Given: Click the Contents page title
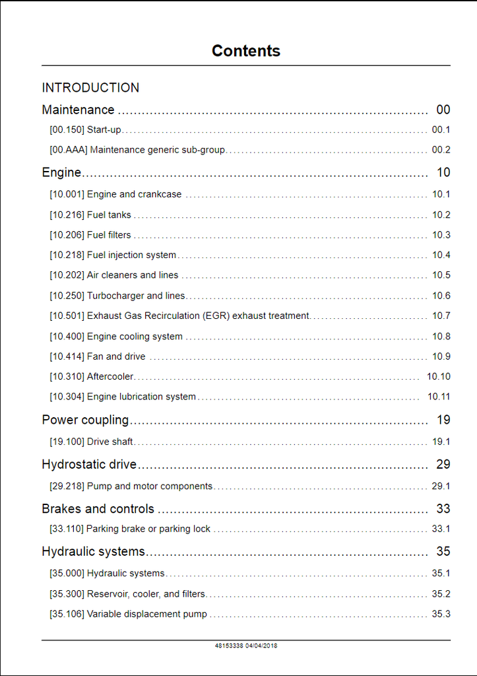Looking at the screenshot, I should tap(245, 51).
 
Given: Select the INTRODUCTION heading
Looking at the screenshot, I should tap(90, 88).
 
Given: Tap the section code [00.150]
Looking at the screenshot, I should tap(67, 130).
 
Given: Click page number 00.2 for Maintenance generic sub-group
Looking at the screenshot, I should tap(441, 150).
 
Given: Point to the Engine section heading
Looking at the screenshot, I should tap(61, 172).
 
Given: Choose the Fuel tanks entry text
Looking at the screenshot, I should tap(109, 215).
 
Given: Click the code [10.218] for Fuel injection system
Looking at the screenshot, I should tap(67, 255).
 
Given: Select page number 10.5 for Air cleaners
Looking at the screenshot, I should tap(441, 275).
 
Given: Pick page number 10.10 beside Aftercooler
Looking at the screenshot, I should tap(438, 376).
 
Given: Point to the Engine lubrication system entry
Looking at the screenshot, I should tap(141, 397).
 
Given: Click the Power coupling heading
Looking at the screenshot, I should tap(85, 420).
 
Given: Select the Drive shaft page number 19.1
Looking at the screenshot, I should tap(441, 442).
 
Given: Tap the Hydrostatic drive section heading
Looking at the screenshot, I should tap(89, 464).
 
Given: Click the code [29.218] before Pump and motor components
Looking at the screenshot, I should tap(67, 487).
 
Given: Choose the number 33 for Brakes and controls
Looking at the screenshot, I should tap(443, 509).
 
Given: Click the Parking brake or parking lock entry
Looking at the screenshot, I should tap(148, 529).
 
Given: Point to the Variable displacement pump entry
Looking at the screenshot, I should tap(146, 614).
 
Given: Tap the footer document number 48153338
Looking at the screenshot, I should tap(229, 646).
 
